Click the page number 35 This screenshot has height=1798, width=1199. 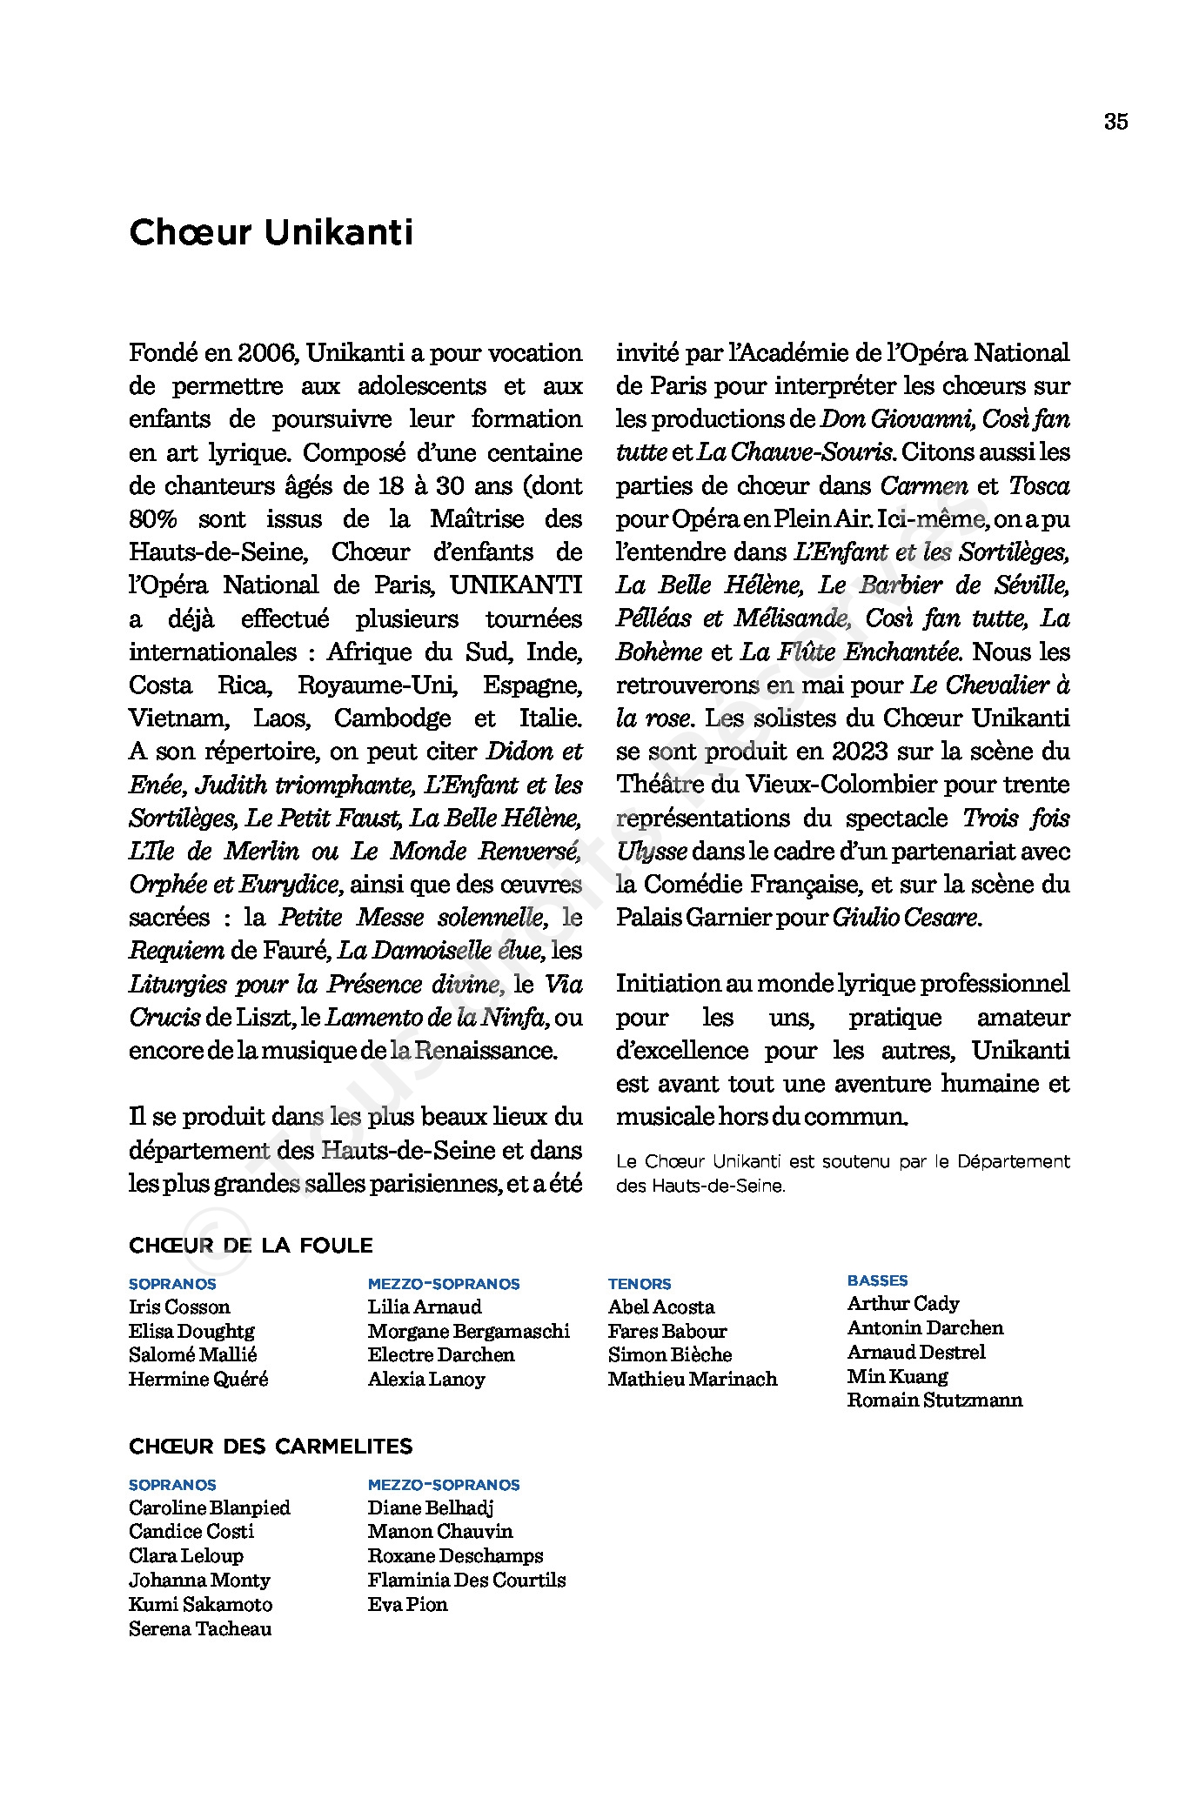point(1115,122)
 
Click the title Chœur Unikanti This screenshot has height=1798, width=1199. point(271,233)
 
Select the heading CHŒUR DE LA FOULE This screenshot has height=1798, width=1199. point(251,1246)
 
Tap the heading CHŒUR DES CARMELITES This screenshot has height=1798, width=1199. point(271,1447)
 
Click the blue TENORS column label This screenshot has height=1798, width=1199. point(640,1284)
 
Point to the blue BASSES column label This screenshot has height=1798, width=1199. point(877,1280)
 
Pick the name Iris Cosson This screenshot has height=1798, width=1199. point(179,1307)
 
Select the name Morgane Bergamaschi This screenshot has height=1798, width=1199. point(468,1331)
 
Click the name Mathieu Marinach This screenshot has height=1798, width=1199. point(693,1379)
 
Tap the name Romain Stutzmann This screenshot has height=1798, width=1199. point(934,1400)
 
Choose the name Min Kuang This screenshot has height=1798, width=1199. point(897,1376)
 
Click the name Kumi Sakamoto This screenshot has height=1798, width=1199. point(200,1604)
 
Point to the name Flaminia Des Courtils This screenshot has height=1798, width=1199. point(466,1580)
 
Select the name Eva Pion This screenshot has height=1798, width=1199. point(407,1604)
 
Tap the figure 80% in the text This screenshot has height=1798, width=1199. point(153,519)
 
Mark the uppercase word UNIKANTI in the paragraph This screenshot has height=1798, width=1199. point(515,585)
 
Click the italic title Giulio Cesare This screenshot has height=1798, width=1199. point(906,918)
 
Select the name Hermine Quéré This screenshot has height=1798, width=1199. point(198,1379)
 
